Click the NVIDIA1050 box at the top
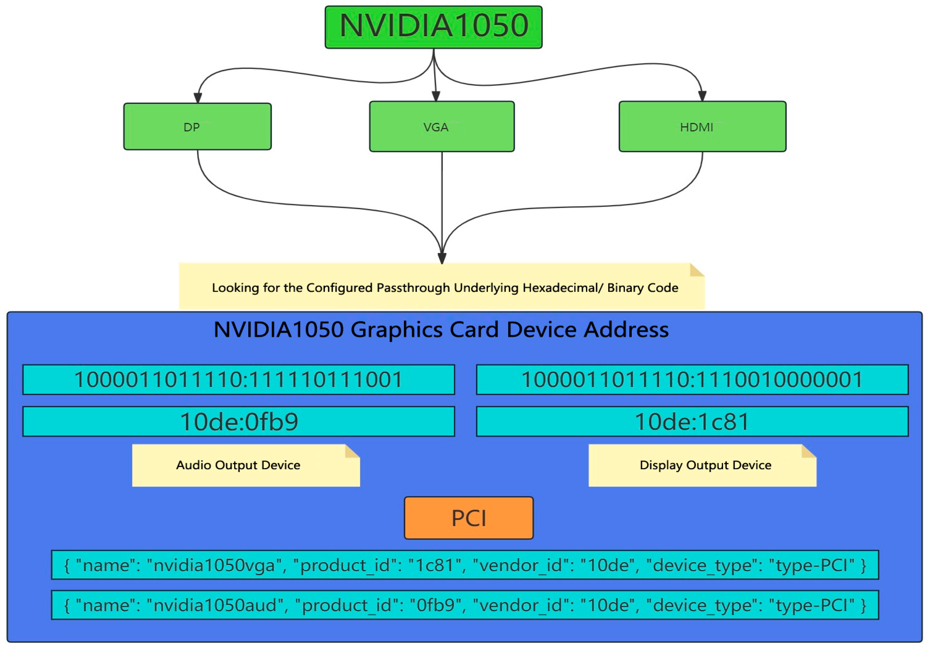(433, 27)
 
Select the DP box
(197, 126)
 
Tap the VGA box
(442, 126)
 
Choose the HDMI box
(703, 126)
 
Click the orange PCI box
(469, 518)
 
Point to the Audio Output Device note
(245, 465)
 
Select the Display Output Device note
(703, 465)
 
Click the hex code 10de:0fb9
(239, 422)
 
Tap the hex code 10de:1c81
(692, 422)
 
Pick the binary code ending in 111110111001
(239, 379)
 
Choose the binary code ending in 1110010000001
(692, 379)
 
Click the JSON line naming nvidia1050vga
(465, 565)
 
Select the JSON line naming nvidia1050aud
(465, 605)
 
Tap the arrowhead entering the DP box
(198, 98)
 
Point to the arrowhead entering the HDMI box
(703, 96)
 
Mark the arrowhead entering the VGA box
(436, 96)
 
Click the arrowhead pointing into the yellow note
(442, 258)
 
